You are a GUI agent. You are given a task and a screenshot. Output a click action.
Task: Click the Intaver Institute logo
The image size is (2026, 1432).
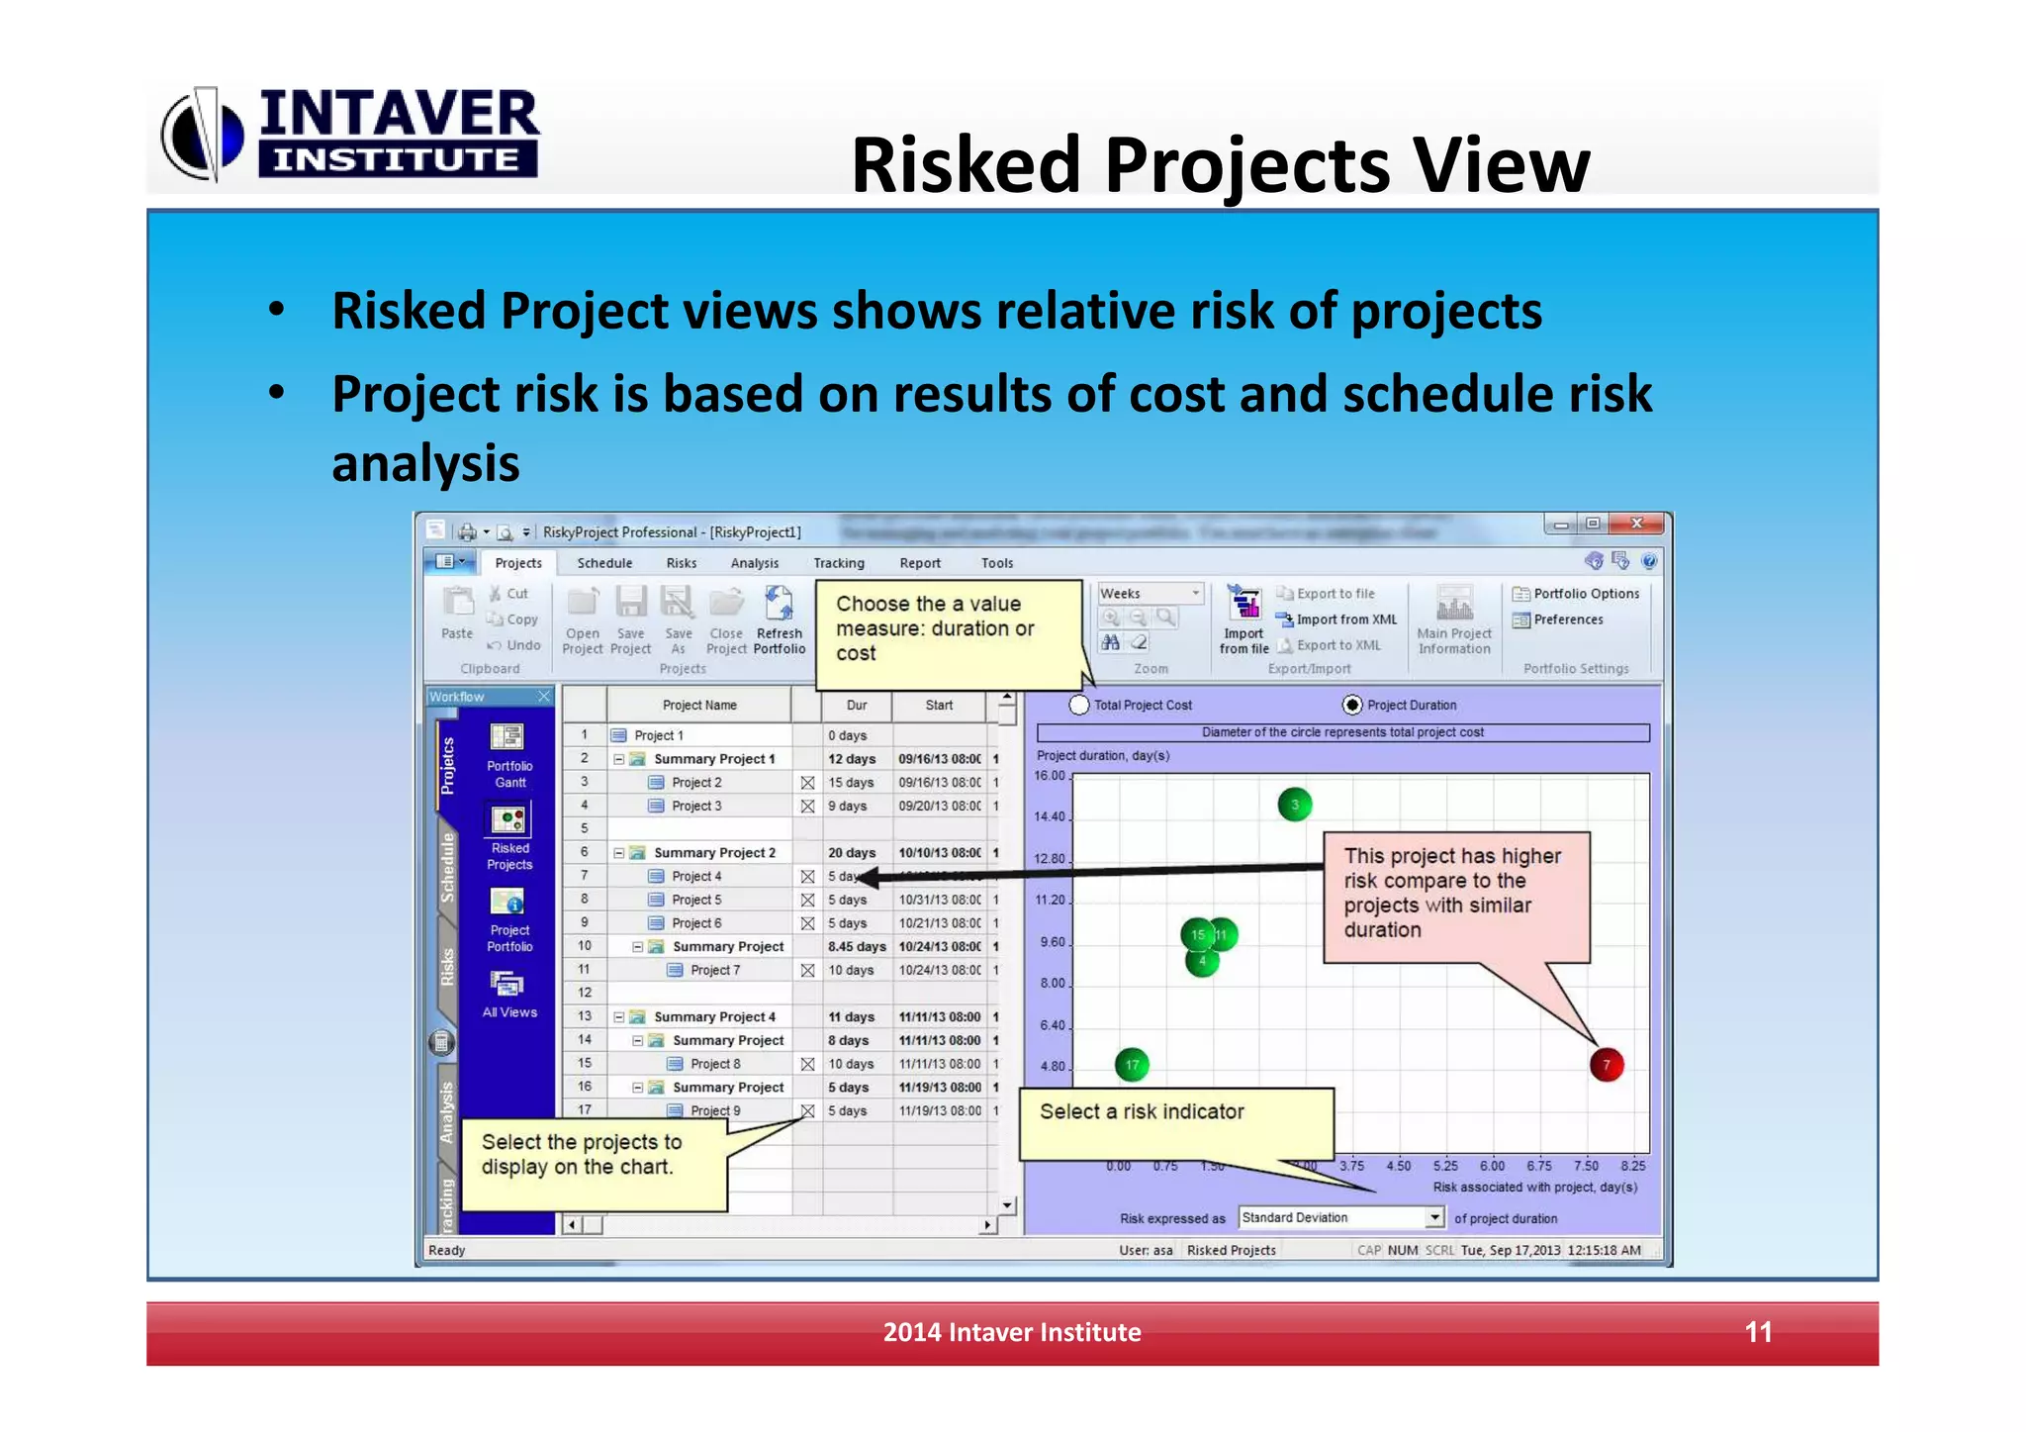[x=351, y=134]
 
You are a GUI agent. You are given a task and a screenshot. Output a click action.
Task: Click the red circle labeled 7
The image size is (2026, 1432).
[x=1606, y=1065]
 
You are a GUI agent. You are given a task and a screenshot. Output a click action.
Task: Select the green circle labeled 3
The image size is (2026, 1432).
[x=1294, y=805]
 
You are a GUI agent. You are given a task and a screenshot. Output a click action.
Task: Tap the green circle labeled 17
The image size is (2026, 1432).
[x=1132, y=1065]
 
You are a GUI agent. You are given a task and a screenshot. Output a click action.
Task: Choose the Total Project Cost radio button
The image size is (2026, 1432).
[x=1079, y=705]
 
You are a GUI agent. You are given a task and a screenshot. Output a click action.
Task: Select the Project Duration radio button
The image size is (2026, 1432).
[x=1351, y=705]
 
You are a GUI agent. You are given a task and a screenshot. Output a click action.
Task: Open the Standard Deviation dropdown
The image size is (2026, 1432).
[x=1434, y=1217]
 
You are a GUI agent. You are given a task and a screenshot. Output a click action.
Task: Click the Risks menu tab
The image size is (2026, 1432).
[x=681, y=563]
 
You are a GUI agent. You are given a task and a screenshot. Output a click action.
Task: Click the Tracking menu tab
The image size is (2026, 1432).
[x=838, y=563]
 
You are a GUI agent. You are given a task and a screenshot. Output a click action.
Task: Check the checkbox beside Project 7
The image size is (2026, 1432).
[x=807, y=970]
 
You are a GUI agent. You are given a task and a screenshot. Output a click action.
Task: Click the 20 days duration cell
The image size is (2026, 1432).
[x=851, y=852]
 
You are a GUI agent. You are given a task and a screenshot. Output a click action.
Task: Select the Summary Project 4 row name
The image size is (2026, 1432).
[x=714, y=1016]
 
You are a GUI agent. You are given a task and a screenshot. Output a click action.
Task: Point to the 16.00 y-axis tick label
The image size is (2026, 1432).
[x=1049, y=776]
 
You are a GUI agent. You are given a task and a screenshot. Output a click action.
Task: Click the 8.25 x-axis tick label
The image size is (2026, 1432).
[x=1632, y=1166]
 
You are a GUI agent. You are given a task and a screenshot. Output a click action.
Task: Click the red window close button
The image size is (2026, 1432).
[x=1636, y=524]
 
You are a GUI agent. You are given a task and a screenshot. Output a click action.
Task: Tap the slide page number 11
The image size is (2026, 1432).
[x=1758, y=1332]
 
